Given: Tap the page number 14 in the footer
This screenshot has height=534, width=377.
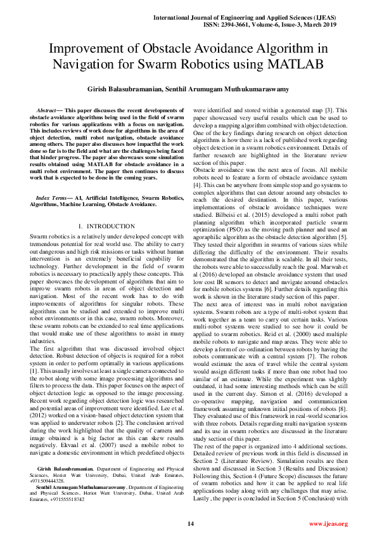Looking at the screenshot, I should (x=189, y=523).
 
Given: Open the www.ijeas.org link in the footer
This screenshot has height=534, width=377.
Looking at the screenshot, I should (x=328, y=523).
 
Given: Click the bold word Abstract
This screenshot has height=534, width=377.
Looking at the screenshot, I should (x=49, y=110).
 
